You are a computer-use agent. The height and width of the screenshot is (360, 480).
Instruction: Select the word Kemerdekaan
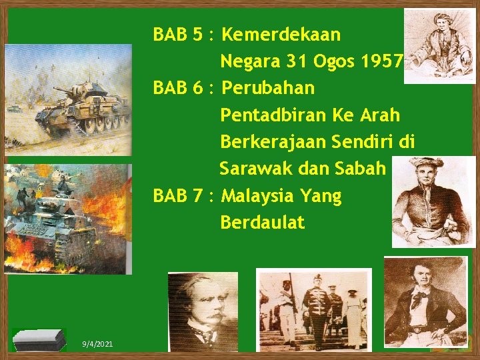coord(281,34)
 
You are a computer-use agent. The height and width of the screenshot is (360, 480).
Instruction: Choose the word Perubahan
coord(267,88)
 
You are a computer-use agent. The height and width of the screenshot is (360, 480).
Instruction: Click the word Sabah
coord(361,169)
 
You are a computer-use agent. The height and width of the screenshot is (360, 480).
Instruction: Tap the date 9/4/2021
coord(97,343)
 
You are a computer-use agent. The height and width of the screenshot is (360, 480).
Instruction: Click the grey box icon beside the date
coord(39,339)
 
